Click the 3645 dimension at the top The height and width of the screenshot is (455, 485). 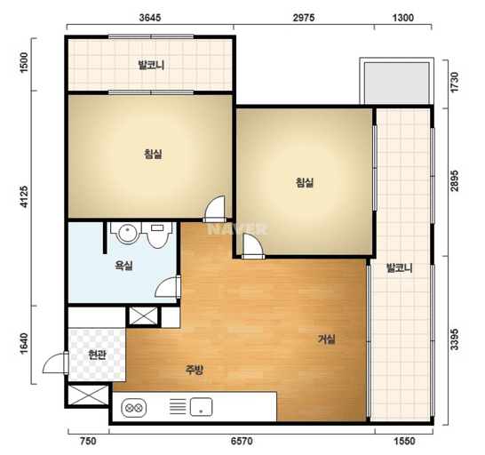click(x=150, y=18)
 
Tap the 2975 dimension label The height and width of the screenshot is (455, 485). click(x=304, y=18)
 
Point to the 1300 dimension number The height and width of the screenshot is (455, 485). click(x=403, y=18)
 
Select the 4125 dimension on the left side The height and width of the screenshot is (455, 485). click(x=24, y=196)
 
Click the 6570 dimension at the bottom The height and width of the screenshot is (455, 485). click(x=242, y=441)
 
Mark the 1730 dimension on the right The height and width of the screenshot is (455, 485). click(x=455, y=82)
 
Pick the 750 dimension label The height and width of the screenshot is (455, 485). click(x=88, y=441)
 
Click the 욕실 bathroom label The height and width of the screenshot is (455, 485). click(x=123, y=265)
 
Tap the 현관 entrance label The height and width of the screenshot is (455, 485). click(x=97, y=355)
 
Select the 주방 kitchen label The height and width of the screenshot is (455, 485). click(x=195, y=370)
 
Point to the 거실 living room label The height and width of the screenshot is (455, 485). click(x=327, y=339)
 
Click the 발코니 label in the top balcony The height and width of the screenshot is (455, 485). click(x=151, y=65)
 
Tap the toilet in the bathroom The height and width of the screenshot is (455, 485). click(x=157, y=235)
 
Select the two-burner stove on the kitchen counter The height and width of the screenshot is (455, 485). click(x=133, y=408)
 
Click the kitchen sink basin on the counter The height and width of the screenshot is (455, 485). click(x=201, y=407)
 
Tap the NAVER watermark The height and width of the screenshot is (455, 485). click(x=237, y=229)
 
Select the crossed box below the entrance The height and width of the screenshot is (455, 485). click(x=88, y=395)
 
